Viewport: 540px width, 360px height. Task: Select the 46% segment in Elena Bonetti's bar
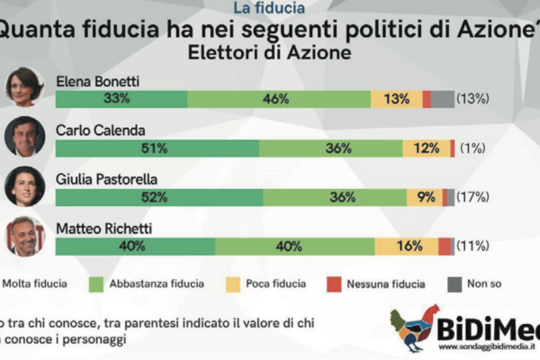coord(279,99)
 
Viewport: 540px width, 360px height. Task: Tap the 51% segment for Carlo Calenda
coord(157,148)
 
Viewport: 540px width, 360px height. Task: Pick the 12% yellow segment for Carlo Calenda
coord(426,148)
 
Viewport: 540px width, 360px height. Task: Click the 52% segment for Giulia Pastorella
coord(158,197)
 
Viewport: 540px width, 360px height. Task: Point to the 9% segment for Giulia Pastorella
coord(424,197)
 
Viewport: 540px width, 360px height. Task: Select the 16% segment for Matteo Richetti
coord(406,246)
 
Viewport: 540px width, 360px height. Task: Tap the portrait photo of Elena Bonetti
coord(24,87)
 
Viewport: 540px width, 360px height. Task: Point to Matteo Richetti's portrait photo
coord(24,235)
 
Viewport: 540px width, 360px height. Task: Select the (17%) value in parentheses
coord(473,197)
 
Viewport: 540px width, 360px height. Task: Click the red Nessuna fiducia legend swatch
coord(333,284)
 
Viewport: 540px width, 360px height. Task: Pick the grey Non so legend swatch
coord(454,284)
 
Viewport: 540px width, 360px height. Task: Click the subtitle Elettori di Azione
coord(270,52)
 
